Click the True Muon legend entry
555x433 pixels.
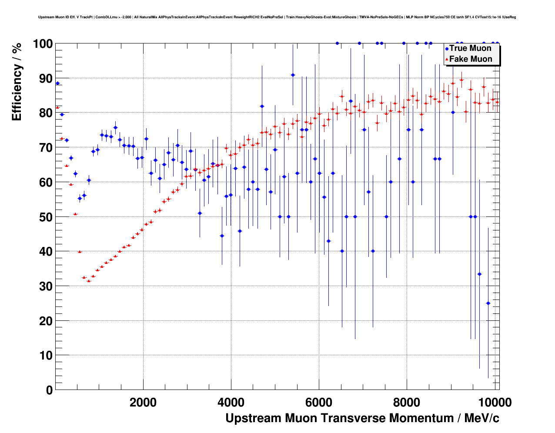pyautogui.click(x=470, y=48)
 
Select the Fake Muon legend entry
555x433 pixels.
pyautogui.click(x=470, y=59)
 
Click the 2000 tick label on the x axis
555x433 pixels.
pyautogui.click(x=143, y=402)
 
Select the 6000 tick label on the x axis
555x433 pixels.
pyautogui.click(x=319, y=402)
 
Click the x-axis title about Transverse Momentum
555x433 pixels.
pyautogui.click(x=362, y=418)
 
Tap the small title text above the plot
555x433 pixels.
pyautogui.click(x=277, y=17)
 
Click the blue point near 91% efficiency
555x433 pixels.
pyautogui.click(x=293, y=75)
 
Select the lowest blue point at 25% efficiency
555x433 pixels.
pyautogui.click(x=488, y=303)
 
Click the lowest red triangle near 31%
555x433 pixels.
pyautogui.click(x=89, y=281)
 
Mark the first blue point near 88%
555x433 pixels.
pyautogui.click(x=57, y=83)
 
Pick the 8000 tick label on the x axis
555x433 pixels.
pyautogui.click(x=407, y=402)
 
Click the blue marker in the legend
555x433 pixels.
pyautogui.click(x=446, y=49)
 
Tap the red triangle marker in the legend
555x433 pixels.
pyautogui.click(x=446, y=60)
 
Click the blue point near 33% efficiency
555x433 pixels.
pyautogui.click(x=479, y=274)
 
